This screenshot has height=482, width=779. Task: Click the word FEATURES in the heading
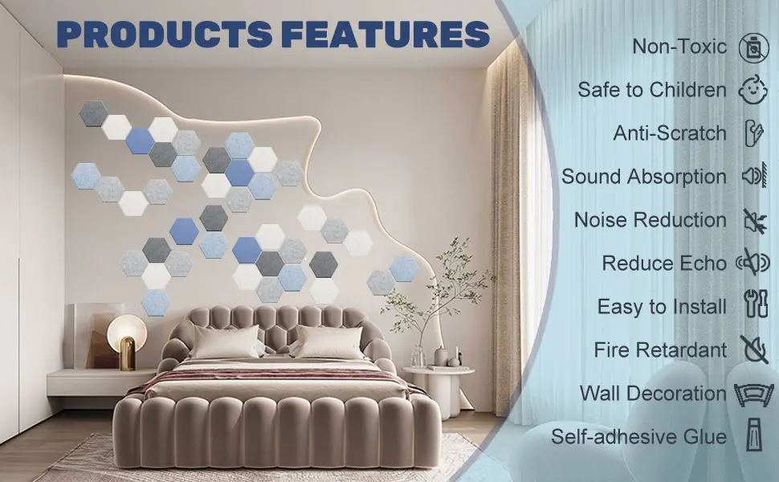(x=385, y=35)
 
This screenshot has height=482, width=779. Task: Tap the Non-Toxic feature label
(x=679, y=46)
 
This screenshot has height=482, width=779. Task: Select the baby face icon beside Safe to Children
(x=753, y=90)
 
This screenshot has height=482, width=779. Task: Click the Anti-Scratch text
(x=670, y=133)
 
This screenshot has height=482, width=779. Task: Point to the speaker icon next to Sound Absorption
(x=754, y=177)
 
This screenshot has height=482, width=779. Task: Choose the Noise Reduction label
(x=650, y=220)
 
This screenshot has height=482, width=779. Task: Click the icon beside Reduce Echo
(x=753, y=263)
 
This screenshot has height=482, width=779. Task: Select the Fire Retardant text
(x=660, y=350)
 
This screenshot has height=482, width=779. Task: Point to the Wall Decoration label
(x=653, y=394)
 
